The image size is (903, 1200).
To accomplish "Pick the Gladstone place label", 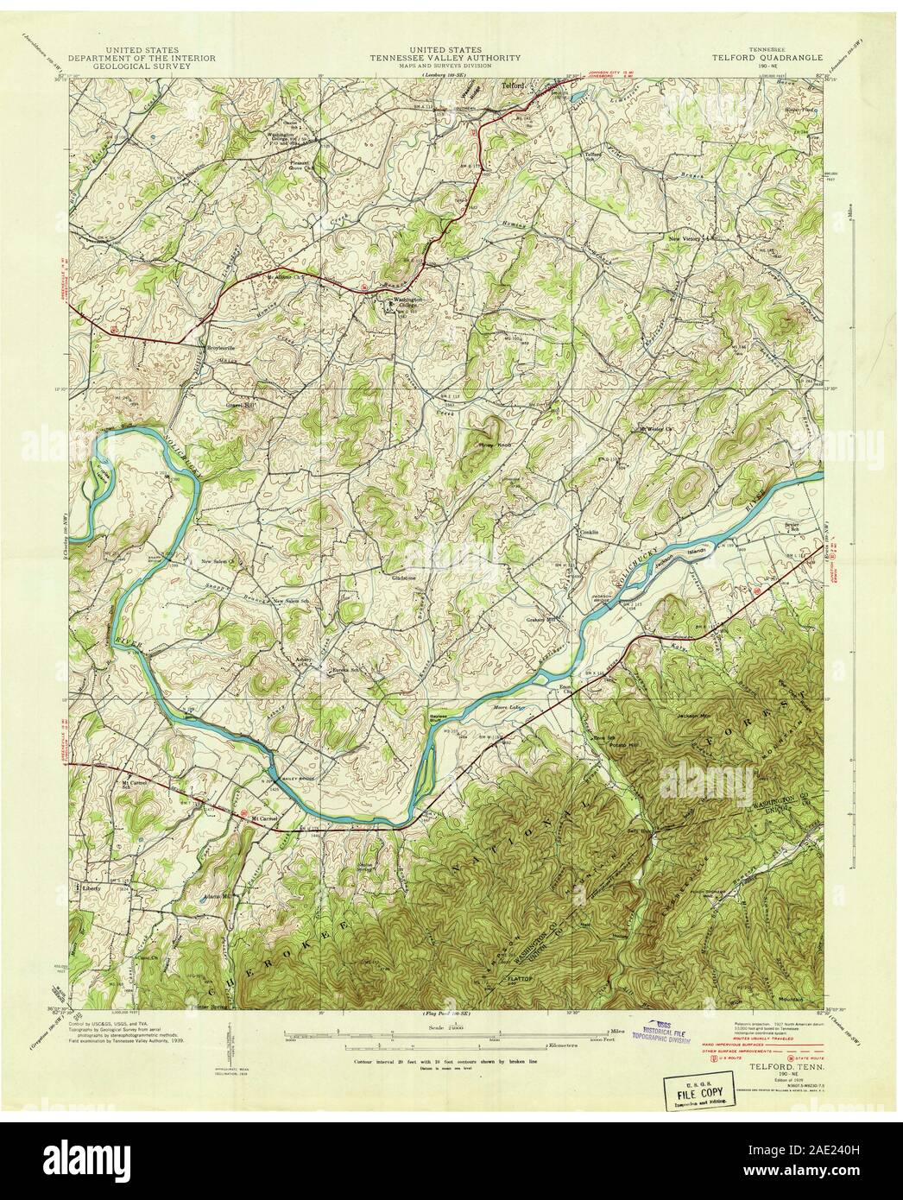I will pos(405,578).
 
